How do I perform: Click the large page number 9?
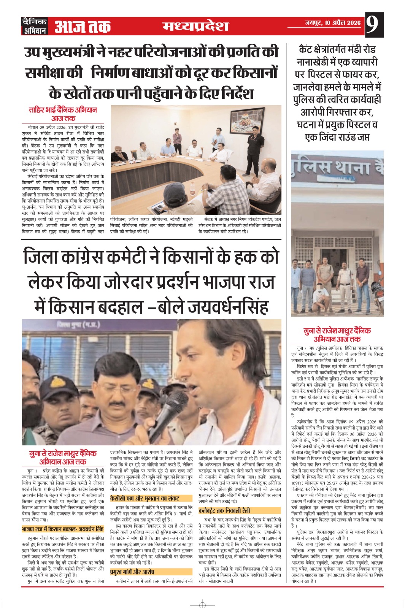374,25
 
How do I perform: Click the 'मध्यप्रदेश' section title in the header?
195,26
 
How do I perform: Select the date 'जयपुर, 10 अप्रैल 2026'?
332,23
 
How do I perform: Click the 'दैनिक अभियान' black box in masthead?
35,26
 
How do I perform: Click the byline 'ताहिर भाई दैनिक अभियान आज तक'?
63,114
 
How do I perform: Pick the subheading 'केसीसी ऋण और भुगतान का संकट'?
145,498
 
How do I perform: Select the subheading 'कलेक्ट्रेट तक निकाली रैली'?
224,510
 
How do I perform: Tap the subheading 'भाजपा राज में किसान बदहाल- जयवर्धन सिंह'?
63,529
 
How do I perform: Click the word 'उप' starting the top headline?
33,52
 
